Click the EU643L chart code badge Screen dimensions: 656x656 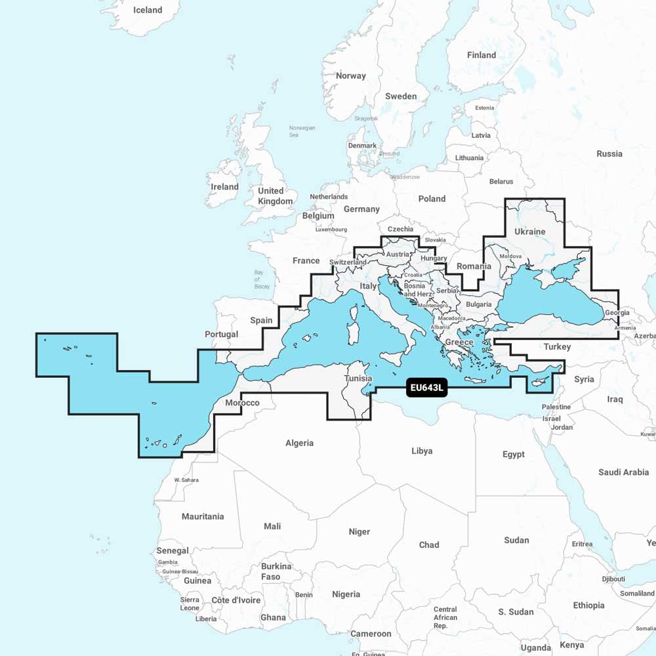pyautogui.click(x=427, y=388)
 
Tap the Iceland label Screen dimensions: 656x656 pyautogui.click(x=148, y=10)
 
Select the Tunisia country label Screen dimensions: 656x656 pyautogui.click(x=358, y=379)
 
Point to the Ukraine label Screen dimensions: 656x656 pyautogui.click(x=529, y=232)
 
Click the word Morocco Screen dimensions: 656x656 pyautogui.click(x=242, y=403)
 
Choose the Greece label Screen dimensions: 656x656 pyautogui.click(x=459, y=343)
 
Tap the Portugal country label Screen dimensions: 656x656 pyautogui.click(x=222, y=335)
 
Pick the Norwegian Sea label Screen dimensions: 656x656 pyautogui.click(x=302, y=131)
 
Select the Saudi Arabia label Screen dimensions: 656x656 pyautogui.click(x=623, y=472)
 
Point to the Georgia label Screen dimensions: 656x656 pyautogui.click(x=617, y=313)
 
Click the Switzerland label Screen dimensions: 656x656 pyautogui.click(x=348, y=262)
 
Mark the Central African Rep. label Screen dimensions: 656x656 pyautogui.click(x=445, y=617)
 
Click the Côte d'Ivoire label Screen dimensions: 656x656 pyautogui.click(x=236, y=600)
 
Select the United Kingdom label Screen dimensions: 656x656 pyautogui.click(x=275, y=196)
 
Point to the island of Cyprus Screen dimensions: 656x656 pyautogui.click(x=542, y=381)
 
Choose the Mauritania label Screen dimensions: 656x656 pyautogui.click(x=203, y=517)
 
